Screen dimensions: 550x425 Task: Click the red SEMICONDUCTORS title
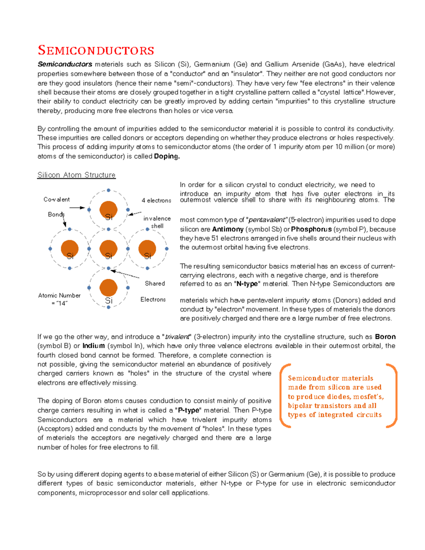[x=96, y=50]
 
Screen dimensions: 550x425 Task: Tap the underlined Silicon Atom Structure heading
[x=76, y=175]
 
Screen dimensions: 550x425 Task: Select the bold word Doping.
[x=167, y=156]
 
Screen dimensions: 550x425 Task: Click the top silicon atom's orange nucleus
[x=108, y=209]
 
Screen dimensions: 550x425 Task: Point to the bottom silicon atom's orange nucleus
[x=108, y=288]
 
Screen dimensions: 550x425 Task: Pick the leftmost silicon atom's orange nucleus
[x=70, y=248]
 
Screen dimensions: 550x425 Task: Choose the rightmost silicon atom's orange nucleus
[x=147, y=248]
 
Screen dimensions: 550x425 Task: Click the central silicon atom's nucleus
[x=108, y=248]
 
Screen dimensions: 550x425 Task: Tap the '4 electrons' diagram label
[x=157, y=200]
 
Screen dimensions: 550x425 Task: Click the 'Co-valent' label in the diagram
[x=57, y=199]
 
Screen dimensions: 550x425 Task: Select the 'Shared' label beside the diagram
[x=155, y=283]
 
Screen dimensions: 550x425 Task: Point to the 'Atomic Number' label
[x=59, y=295]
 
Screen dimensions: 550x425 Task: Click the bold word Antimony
[x=228, y=229]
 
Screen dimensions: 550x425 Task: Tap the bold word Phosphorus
[x=311, y=229]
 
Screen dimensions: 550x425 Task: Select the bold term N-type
[x=247, y=284]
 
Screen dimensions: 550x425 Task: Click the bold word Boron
[x=385, y=336]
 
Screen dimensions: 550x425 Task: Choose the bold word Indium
[x=93, y=346]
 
